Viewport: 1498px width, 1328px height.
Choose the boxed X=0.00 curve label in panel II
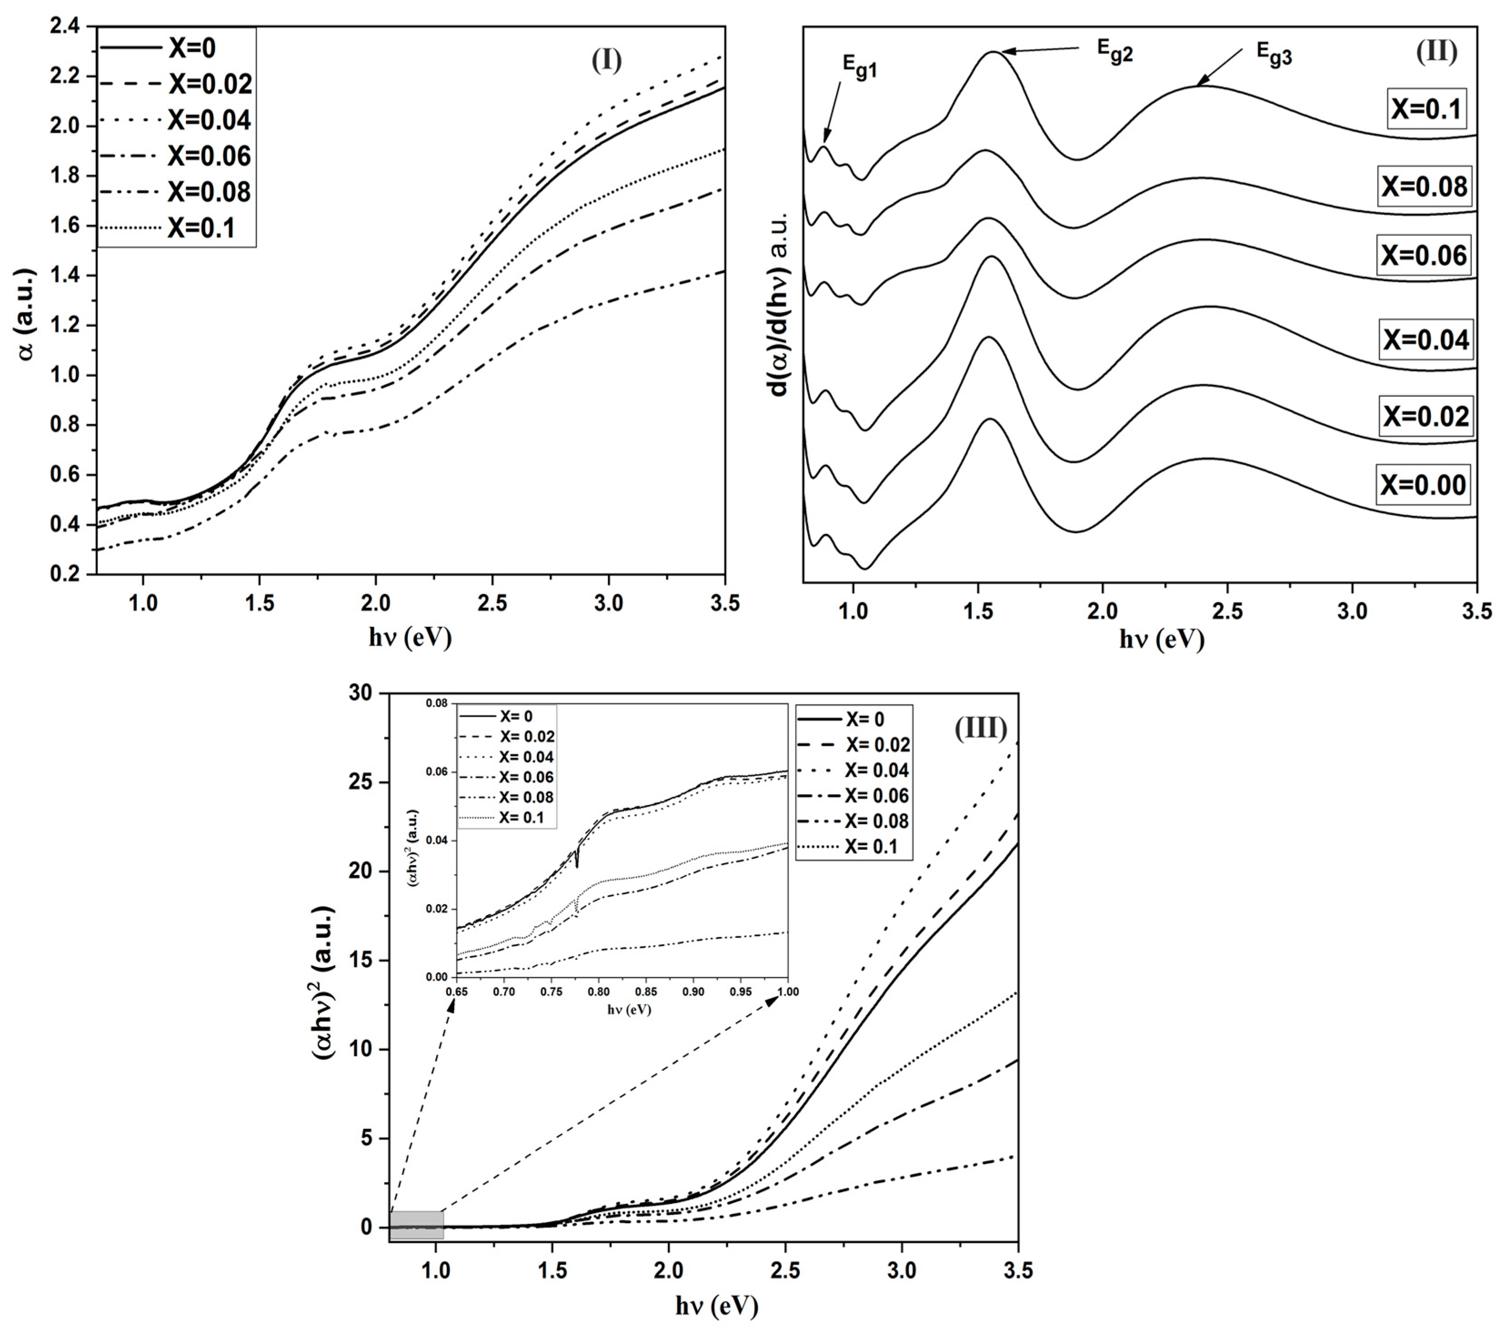[x=1423, y=485]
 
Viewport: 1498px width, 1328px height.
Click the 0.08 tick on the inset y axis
[x=437, y=704]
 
